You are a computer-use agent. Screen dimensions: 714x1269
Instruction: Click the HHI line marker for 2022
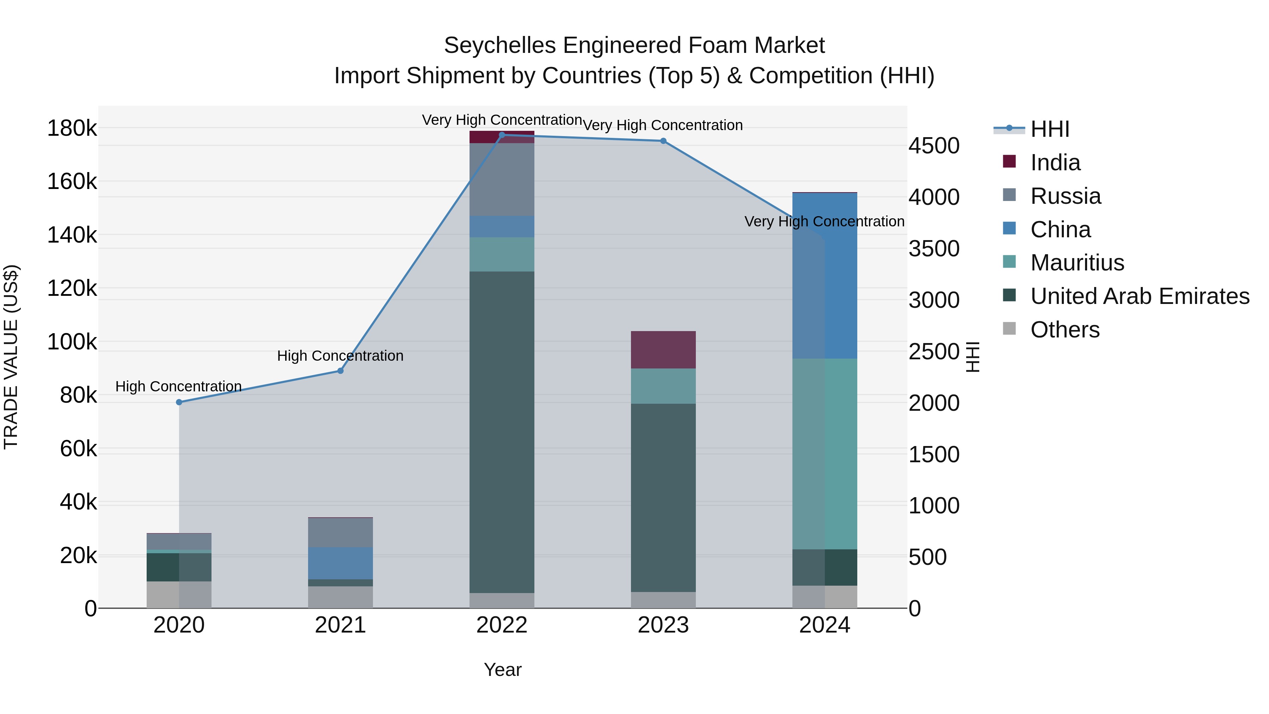click(502, 135)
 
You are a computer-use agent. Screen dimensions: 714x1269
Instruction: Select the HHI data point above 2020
click(179, 402)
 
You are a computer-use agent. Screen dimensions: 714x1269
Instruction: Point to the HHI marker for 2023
click(663, 141)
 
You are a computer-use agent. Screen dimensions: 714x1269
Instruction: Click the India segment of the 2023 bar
click(663, 349)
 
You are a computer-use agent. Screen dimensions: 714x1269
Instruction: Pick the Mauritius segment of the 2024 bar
click(824, 453)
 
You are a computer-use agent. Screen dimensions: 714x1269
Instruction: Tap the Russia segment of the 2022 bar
click(502, 179)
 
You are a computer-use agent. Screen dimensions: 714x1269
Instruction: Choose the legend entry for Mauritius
click(1077, 263)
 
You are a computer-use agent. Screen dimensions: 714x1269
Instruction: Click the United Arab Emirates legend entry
click(1139, 296)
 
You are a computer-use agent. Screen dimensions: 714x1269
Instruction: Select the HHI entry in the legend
click(1049, 129)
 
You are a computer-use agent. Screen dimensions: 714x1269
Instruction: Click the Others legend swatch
click(1009, 329)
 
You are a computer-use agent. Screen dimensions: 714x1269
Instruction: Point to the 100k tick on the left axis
click(72, 341)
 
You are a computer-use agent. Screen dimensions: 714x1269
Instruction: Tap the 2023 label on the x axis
click(663, 625)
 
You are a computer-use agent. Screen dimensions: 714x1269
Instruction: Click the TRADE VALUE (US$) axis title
click(11, 357)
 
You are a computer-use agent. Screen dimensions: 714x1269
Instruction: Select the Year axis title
click(502, 670)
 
